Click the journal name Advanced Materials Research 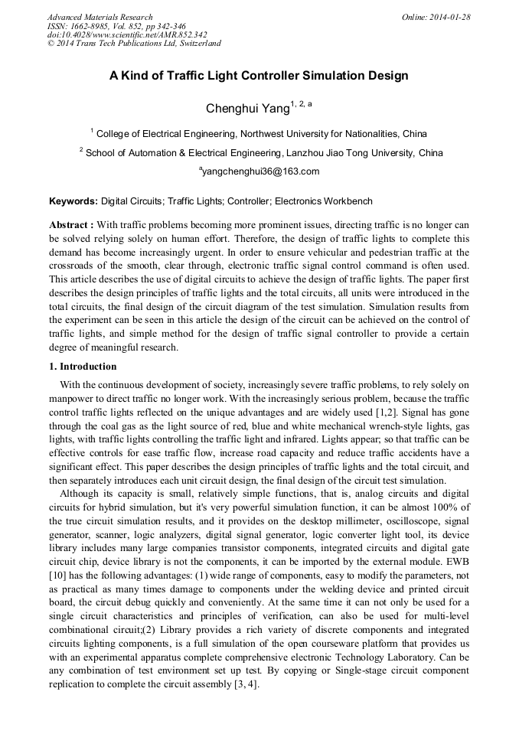[100, 17]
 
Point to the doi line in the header [127, 34]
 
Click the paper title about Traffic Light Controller [259, 76]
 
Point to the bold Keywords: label [73, 201]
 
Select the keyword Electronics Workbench [324, 201]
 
